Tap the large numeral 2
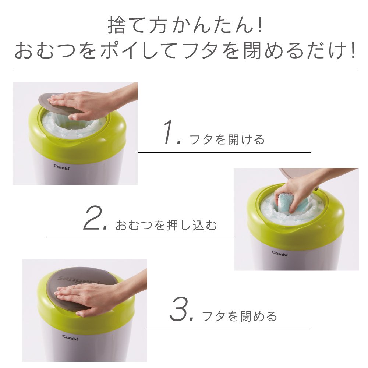(93, 217)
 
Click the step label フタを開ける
(227, 139)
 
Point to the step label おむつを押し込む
(166, 225)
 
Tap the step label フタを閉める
(240, 316)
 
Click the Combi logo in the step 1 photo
(61, 167)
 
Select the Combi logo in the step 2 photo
(280, 253)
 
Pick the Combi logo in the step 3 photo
(70, 337)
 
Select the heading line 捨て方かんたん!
(185, 25)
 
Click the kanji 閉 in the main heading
(252, 50)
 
